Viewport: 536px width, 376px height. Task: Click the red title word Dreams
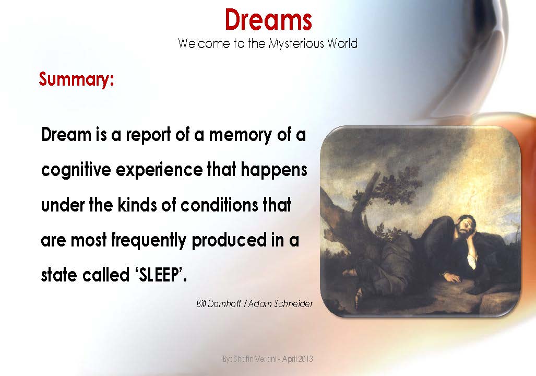268,20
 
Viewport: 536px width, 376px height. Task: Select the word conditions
223,205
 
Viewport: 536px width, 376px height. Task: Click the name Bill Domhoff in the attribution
219,303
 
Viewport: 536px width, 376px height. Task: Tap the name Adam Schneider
281,303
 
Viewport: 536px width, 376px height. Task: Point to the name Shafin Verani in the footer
252,359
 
